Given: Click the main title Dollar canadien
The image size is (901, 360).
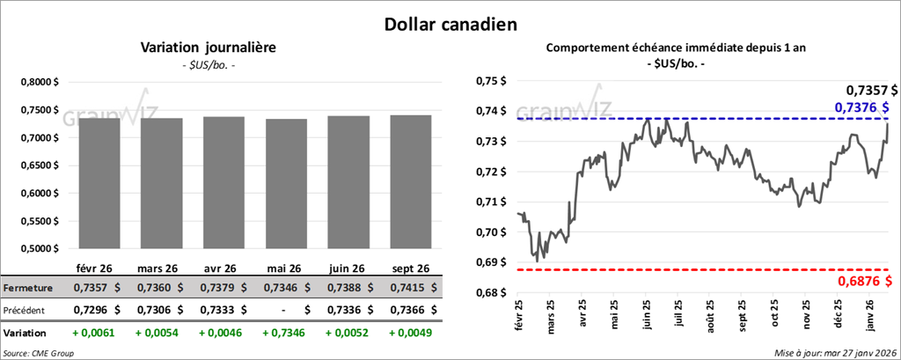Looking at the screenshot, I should pos(450,24).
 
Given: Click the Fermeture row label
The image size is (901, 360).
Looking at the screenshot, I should pos(28,288).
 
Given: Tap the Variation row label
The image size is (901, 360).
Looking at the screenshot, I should pos(26,334).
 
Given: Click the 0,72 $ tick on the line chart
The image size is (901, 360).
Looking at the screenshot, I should pos(491,172).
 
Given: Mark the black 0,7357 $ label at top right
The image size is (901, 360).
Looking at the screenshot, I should pos(871,90).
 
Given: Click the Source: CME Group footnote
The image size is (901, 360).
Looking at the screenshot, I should pos(40,353).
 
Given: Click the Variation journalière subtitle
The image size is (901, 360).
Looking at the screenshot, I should pos(209,48).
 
